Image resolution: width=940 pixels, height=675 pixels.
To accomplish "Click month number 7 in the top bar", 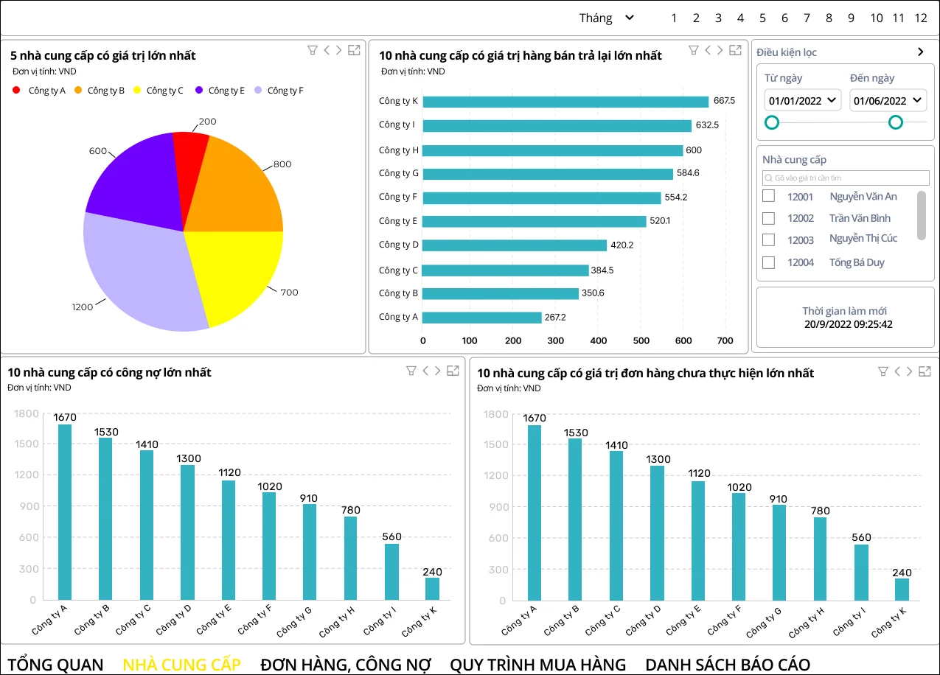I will tap(807, 18).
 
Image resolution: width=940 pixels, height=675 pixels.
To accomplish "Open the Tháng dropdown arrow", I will tap(629, 18).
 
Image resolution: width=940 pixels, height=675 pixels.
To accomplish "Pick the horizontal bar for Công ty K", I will tap(565, 102).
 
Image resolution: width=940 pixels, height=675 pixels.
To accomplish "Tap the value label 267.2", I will tap(556, 318).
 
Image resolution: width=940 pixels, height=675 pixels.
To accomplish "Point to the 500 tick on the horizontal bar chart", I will tap(641, 340).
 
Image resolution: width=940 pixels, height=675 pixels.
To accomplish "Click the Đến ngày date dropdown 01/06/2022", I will tap(888, 100).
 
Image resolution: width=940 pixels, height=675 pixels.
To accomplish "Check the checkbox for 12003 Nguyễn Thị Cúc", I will tap(768, 239).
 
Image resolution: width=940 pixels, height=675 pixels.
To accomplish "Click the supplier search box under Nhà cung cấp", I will tap(846, 178).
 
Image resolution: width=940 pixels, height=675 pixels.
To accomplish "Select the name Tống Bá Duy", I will tap(856, 262).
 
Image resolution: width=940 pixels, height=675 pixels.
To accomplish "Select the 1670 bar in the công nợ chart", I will tap(65, 511).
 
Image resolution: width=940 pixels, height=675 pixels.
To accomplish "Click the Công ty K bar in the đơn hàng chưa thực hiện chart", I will tap(902, 589).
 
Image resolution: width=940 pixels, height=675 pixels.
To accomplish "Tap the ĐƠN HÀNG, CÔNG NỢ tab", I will tap(345, 664).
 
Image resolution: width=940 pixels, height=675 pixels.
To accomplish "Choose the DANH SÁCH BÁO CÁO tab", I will tap(727, 664).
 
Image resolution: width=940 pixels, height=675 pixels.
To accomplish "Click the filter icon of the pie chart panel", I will tap(312, 50).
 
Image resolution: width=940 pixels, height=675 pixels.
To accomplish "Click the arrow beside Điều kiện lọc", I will tap(920, 52).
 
